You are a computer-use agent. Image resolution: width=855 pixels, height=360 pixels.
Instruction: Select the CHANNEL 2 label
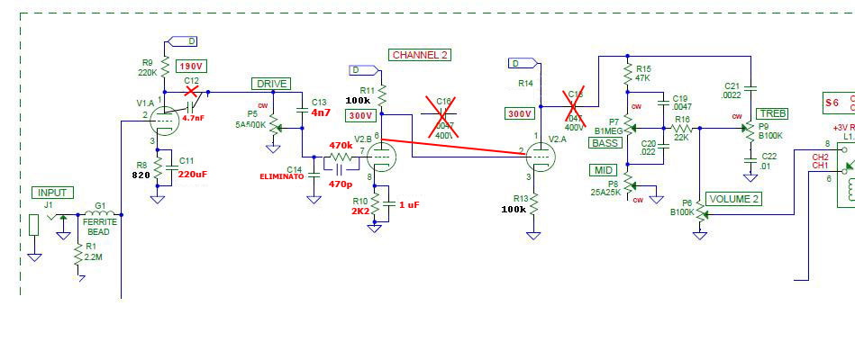pyautogui.click(x=419, y=55)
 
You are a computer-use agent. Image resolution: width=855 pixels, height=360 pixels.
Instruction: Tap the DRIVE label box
pyautogui.click(x=270, y=84)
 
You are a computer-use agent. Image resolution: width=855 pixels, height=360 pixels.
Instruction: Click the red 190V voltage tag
pyautogui.click(x=190, y=67)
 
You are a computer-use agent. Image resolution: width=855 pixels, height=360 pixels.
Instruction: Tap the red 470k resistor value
pyautogui.click(x=341, y=145)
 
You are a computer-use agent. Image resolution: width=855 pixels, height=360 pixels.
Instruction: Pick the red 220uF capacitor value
pyautogui.click(x=193, y=174)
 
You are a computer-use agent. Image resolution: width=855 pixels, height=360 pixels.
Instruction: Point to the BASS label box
pyautogui.click(x=606, y=143)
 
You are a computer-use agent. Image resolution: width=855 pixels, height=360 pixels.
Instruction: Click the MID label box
pyautogui.click(x=603, y=170)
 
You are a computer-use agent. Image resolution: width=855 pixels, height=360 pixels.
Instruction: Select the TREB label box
pyautogui.click(x=771, y=113)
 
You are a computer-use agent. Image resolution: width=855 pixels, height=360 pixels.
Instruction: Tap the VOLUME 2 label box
pyautogui.click(x=734, y=199)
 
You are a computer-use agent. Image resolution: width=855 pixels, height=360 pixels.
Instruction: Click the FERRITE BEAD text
pyautogui.click(x=98, y=226)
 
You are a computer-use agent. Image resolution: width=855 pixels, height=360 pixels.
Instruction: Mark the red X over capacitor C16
pyautogui.click(x=442, y=114)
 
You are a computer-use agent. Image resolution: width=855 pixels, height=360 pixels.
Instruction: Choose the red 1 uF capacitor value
pyautogui.click(x=408, y=204)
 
